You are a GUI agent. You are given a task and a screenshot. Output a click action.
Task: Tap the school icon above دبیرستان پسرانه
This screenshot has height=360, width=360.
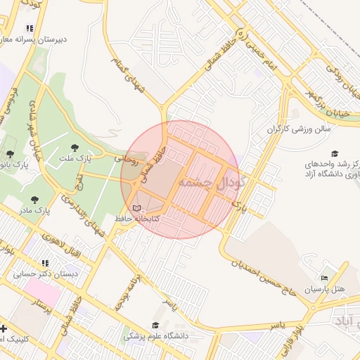coord(29,28)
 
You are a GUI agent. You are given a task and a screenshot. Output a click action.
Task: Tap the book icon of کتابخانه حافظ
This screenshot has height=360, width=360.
coord(137,209)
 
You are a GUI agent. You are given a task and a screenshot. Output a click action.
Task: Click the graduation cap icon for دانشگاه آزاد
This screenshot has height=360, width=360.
coord(335,153)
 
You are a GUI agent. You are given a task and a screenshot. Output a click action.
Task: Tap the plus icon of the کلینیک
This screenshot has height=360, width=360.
coord(4,328)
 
